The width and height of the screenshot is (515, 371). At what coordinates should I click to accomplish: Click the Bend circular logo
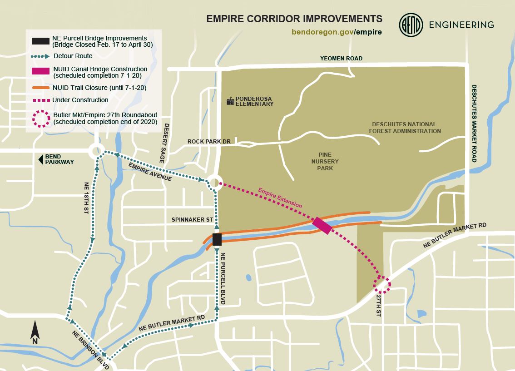tap(411, 25)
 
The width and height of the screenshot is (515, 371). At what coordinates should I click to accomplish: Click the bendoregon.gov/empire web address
tap(337, 32)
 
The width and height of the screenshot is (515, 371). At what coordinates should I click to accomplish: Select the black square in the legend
tap(40, 41)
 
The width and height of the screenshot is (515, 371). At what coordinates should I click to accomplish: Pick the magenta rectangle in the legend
tap(40, 71)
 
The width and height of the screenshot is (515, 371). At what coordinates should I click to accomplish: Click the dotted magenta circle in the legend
tap(40, 118)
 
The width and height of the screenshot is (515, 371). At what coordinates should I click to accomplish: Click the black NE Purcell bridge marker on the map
tap(217, 239)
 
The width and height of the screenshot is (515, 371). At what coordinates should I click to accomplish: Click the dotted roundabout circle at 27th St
tap(382, 284)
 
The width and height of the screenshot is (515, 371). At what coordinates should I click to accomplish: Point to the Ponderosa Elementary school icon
tap(230, 101)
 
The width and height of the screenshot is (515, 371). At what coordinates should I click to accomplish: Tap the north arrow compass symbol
tap(35, 332)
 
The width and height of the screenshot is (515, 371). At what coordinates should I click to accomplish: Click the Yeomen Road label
tap(341, 59)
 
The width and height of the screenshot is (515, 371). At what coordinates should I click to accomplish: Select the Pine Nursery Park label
tap(325, 161)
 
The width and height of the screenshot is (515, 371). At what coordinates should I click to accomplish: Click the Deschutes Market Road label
tap(474, 123)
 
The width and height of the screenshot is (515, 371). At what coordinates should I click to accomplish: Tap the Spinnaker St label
tap(192, 220)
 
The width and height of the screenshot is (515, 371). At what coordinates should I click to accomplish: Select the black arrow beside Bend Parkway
tap(40, 159)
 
